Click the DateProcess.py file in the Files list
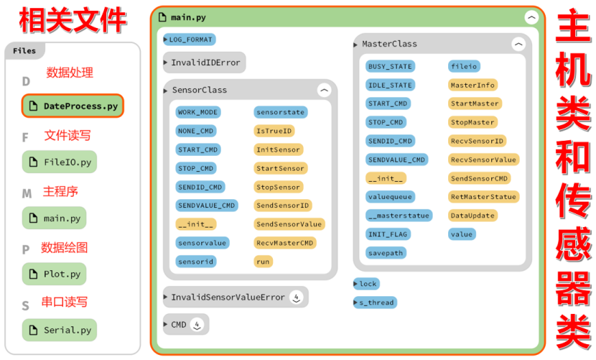(x=73, y=106)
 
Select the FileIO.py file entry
(x=60, y=162)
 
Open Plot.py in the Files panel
(x=55, y=274)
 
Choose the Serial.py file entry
(x=60, y=330)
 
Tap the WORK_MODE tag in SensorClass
(x=197, y=112)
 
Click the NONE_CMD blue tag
(x=195, y=131)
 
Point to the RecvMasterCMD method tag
(x=285, y=243)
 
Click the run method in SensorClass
(x=263, y=262)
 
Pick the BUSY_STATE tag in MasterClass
(x=389, y=66)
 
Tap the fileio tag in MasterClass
(x=463, y=66)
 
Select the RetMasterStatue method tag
(x=483, y=196)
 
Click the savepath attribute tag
(x=385, y=252)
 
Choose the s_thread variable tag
(x=376, y=303)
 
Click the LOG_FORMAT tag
(x=191, y=40)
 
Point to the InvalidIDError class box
(x=205, y=63)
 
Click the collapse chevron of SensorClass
(x=324, y=91)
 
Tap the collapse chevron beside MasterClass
(x=518, y=45)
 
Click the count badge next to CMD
(x=197, y=325)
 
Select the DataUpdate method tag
(x=472, y=215)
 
